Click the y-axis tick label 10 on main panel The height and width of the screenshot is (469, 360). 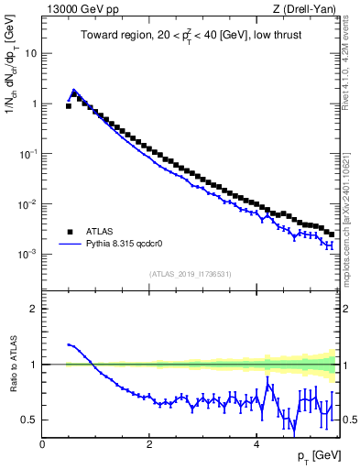(x=31, y=53)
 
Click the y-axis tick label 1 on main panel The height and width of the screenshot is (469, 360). (x=34, y=104)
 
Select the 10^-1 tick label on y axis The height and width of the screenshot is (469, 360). (x=29, y=153)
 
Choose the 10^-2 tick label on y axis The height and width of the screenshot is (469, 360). (x=29, y=203)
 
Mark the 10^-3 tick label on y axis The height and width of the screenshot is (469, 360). (x=29, y=254)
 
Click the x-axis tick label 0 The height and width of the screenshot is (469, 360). (x=42, y=444)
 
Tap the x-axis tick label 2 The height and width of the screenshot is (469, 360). (x=149, y=444)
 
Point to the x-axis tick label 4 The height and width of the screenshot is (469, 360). (x=256, y=444)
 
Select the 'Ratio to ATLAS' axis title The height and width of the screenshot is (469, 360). (x=12, y=365)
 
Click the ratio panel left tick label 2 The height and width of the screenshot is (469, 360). (x=34, y=309)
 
